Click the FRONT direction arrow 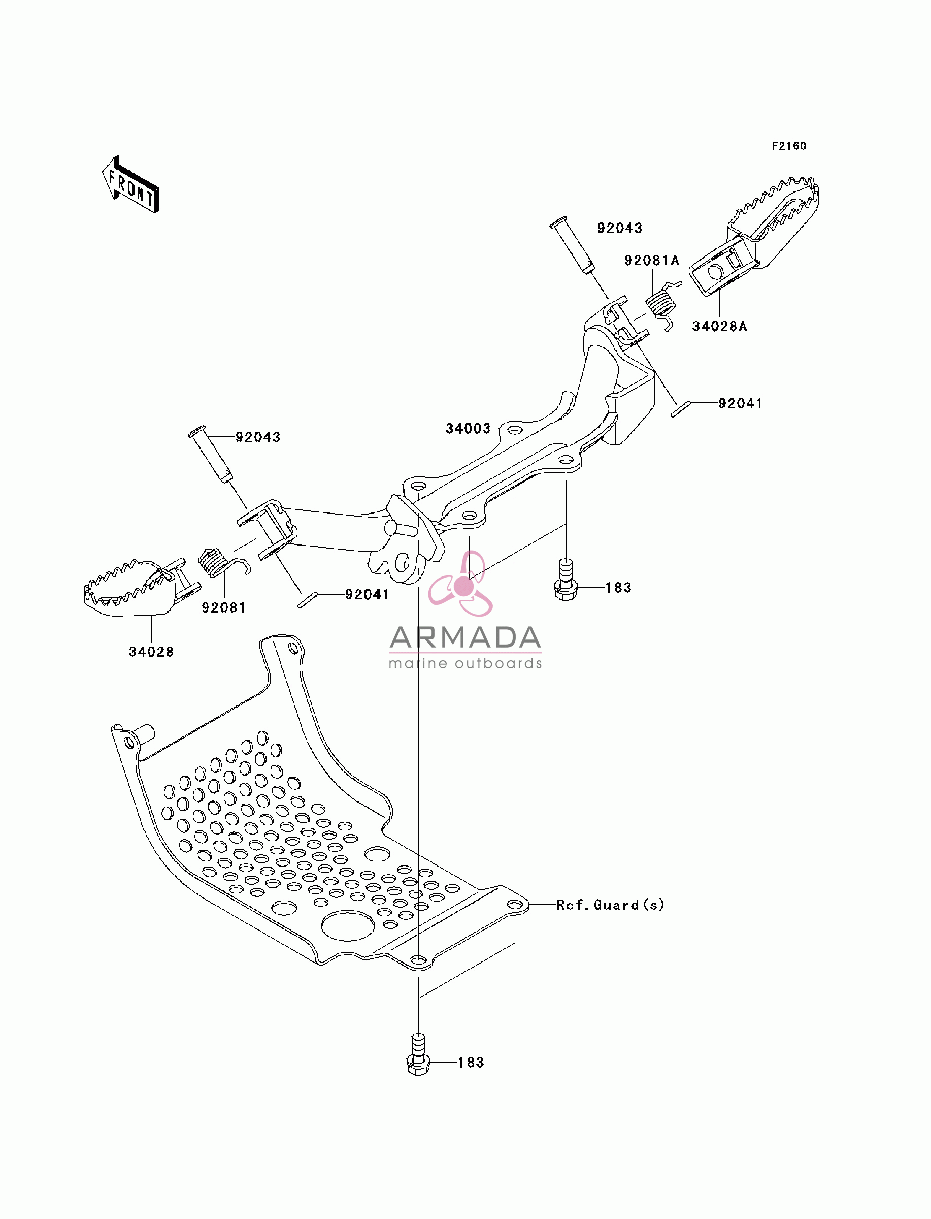click(x=131, y=184)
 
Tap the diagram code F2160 click(x=789, y=146)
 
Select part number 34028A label click(x=719, y=327)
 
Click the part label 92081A click(x=652, y=261)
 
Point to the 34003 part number click(x=468, y=429)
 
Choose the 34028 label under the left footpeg click(x=151, y=652)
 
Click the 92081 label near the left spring click(x=224, y=608)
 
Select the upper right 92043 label click(x=619, y=228)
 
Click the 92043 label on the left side click(x=258, y=437)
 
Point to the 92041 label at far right click(x=740, y=404)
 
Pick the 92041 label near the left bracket click(x=368, y=595)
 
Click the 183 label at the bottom click(x=471, y=1063)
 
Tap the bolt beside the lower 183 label click(x=419, y=1055)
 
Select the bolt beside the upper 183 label click(x=566, y=580)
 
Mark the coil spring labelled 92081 click(x=219, y=562)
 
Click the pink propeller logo click(x=461, y=585)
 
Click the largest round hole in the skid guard click(x=347, y=926)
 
